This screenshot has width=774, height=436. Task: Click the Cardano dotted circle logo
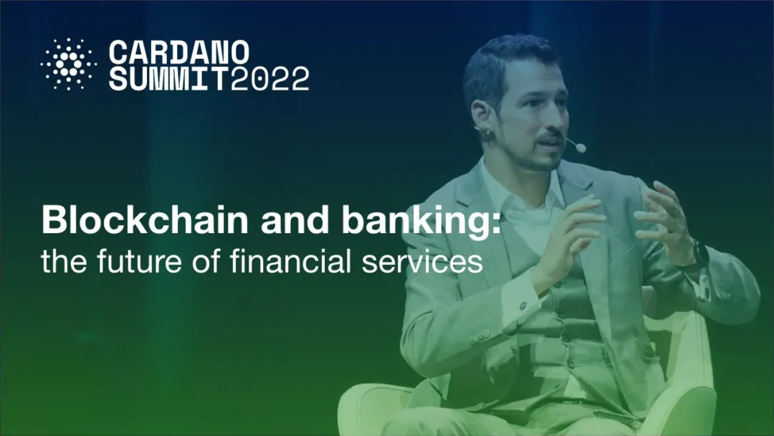click(x=68, y=65)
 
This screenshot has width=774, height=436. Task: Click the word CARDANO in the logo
click(x=178, y=52)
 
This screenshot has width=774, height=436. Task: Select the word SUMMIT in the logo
click(x=169, y=78)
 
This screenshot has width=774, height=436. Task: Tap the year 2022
click(x=269, y=78)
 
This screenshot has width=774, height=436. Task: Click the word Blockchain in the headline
click(x=145, y=219)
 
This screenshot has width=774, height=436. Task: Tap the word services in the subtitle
click(x=422, y=261)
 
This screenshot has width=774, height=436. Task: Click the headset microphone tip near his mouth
click(x=580, y=148)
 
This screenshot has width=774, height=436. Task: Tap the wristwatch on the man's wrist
click(x=700, y=255)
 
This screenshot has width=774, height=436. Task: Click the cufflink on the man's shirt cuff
click(x=523, y=306)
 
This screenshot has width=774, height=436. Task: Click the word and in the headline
click(x=295, y=219)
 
